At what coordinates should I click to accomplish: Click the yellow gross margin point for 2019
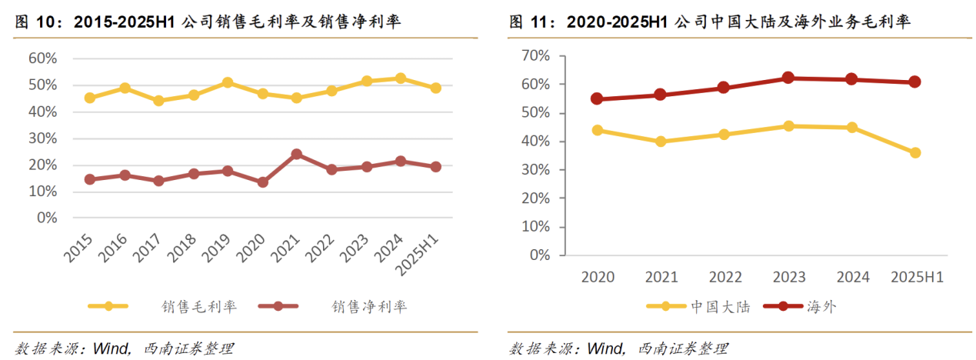pos(228,82)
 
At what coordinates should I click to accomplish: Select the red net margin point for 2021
pos(297,154)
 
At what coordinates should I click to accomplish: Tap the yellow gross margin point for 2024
pos(401,78)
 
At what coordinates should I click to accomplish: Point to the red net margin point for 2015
pos(90,179)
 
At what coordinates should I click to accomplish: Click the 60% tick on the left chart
pos(42,58)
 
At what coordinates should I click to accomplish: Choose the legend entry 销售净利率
pos(369,307)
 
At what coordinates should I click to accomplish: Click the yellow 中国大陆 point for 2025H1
pos(915,152)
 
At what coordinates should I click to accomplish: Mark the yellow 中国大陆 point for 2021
pos(661,142)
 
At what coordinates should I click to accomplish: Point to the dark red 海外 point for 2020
pos(598,98)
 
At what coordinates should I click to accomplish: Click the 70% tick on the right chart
pos(535,55)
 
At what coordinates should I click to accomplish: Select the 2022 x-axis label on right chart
pos(725,277)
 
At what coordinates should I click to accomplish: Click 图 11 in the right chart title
pos(531,22)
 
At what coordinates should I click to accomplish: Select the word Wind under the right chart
pos(603,348)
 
